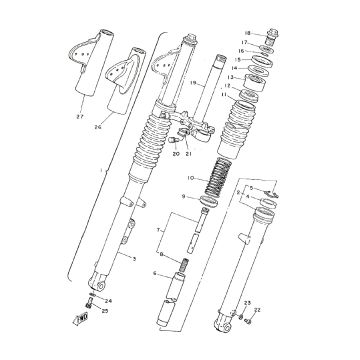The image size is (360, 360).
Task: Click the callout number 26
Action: click(x=125, y=127)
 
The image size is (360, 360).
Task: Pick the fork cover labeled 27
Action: click(x=87, y=74)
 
